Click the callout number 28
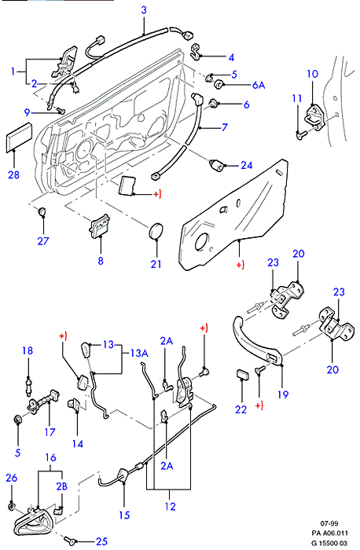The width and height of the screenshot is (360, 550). [13, 174]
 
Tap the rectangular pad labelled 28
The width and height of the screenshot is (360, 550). [20, 137]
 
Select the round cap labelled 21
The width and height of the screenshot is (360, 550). [156, 231]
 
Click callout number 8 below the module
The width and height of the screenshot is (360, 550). [101, 261]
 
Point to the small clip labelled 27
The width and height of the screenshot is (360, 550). [42, 211]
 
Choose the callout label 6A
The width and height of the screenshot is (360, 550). [259, 85]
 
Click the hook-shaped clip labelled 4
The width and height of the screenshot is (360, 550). [196, 51]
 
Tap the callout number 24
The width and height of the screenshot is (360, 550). [246, 165]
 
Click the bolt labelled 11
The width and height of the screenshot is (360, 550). [301, 134]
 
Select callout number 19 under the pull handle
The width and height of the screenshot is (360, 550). [283, 394]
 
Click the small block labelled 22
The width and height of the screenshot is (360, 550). [242, 374]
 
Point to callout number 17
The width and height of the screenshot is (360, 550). [50, 432]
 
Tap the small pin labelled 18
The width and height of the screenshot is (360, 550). [29, 385]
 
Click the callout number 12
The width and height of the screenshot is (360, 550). [170, 506]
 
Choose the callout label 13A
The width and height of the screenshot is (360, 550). [139, 353]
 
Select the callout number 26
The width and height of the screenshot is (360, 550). [12, 478]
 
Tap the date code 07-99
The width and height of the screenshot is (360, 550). [329, 523]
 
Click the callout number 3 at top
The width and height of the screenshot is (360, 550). [144, 9]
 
